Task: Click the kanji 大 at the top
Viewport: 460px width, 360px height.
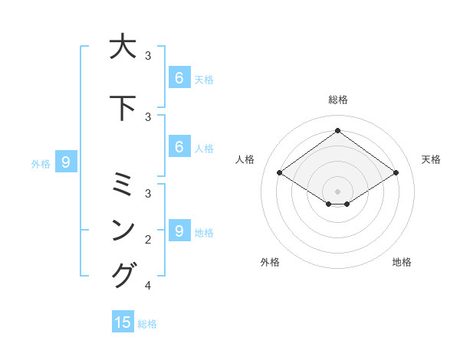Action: [123, 47]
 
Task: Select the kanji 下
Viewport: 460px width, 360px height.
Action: [123, 108]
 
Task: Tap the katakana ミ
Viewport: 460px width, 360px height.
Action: [123, 185]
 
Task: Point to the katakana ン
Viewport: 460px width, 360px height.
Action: [123, 230]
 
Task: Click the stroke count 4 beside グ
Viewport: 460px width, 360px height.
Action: [148, 286]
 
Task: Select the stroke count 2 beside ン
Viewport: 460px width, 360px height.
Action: [148, 240]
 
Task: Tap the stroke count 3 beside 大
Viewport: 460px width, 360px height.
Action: [148, 56]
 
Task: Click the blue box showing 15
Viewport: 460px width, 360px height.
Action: [123, 322]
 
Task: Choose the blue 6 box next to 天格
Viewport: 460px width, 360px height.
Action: [179, 78]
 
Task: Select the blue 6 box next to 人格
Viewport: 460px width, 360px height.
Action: [179, 147]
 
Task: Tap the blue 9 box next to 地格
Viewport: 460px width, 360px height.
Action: [179, 231]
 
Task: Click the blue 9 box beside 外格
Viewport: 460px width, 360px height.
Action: [66, 162]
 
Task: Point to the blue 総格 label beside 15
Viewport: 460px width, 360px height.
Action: [147, 324]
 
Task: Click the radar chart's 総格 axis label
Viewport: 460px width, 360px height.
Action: [337, 100]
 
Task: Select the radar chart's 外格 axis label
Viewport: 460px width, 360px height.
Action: [270, 263]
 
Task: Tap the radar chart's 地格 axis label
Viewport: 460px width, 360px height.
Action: [402, 263]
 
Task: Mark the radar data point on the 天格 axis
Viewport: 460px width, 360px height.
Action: [396, 173]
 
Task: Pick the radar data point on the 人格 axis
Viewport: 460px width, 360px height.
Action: [280, 173]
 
